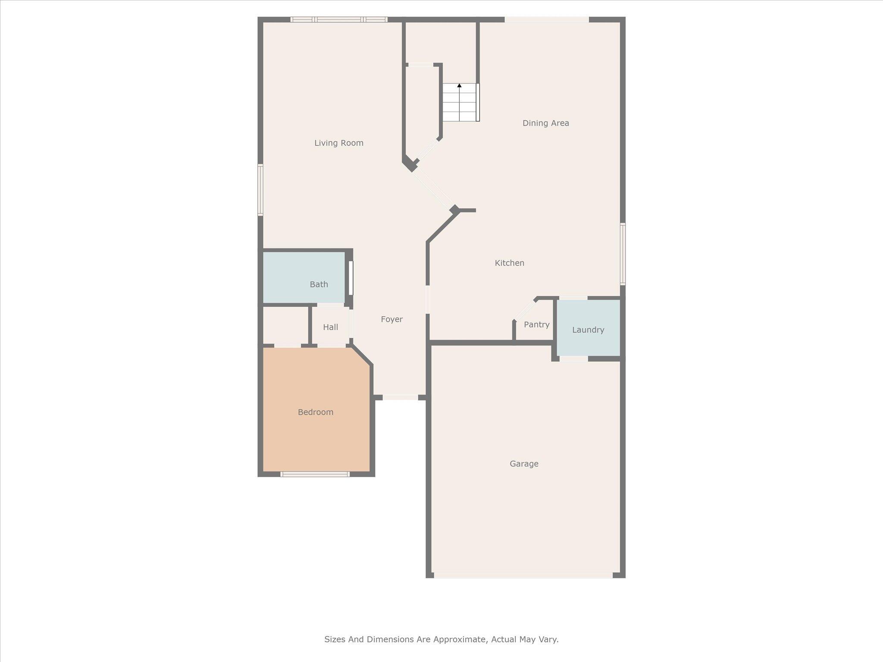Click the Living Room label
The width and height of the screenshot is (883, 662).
pyautogui.click(x=338, y=143)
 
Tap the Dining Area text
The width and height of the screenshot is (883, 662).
pyautogui.click(x=545, y=123)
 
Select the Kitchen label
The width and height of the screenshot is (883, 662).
pyautogui.click(x=509, y=263)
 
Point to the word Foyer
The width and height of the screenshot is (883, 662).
pyautogui.click(x=391, y=319)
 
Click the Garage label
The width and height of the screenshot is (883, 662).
pyautogui.click(x=524, y=464)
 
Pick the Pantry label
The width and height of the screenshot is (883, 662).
pyautogui.click(x=536, y=325)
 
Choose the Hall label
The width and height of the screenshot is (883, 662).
pyautogui.click(x=330, y=327)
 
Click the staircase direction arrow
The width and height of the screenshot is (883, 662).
pyautogui.click(x=459, y=86)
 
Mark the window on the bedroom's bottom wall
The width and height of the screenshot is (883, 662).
pyautogui.click(x=315, y=474)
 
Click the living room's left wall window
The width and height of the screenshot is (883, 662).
pyautogui.click(x=260, y=190)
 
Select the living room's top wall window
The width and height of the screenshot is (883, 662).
pyautogui.click(x=338, y=19)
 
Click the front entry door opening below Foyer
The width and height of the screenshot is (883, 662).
pyautogui.click(x=400, y=397)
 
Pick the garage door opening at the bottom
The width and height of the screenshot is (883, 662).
pyautogui.click(x=523, y=575)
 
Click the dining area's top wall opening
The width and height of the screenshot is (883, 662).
pyautogui.click(x=546, y=19)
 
